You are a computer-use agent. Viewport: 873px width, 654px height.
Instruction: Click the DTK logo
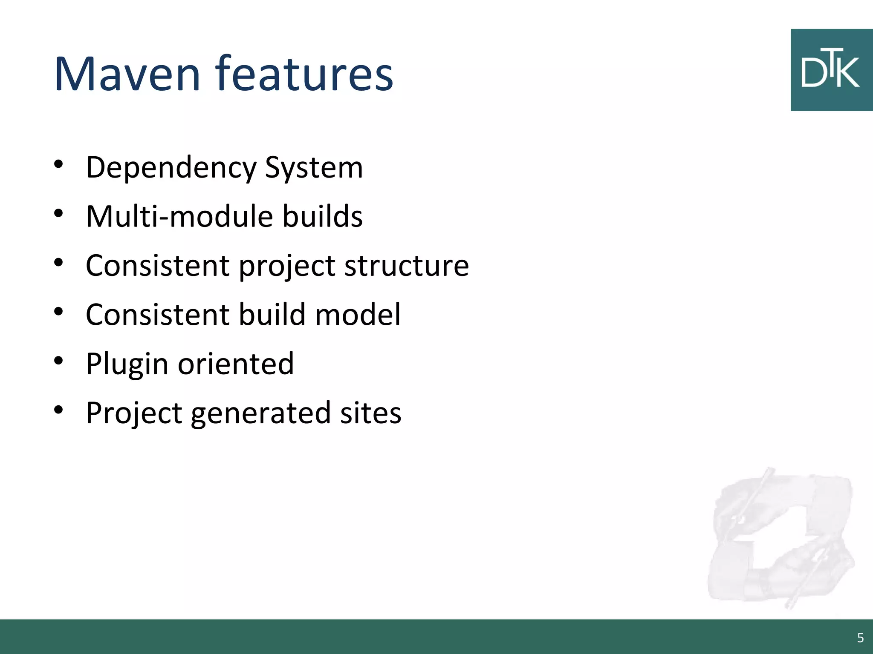pyautogui.click(x=831, y=70)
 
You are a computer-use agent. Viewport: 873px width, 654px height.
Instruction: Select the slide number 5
pyautogui.click(x=860, y=638)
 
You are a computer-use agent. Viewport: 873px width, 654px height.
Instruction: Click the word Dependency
pyautogui.click(x=171, y=168)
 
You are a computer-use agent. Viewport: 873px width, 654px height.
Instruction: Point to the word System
pyautogui.click(x=314, y=168)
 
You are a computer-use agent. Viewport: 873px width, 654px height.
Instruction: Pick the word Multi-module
pyautogui.click(x=179, y=216)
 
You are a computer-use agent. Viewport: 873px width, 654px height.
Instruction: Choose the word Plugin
pyautogui.click(x=127, y=364)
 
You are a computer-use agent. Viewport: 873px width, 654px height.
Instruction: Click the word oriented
pyautogui.click(x=236, y=364)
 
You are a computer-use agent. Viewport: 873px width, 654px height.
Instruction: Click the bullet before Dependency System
pyautogui.click(x=59, y=164)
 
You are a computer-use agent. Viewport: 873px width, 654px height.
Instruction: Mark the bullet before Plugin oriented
pyautogui.click(x=59, y=361)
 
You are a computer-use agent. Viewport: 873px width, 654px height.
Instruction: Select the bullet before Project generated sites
pyautogui.click(x=59, y=410)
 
